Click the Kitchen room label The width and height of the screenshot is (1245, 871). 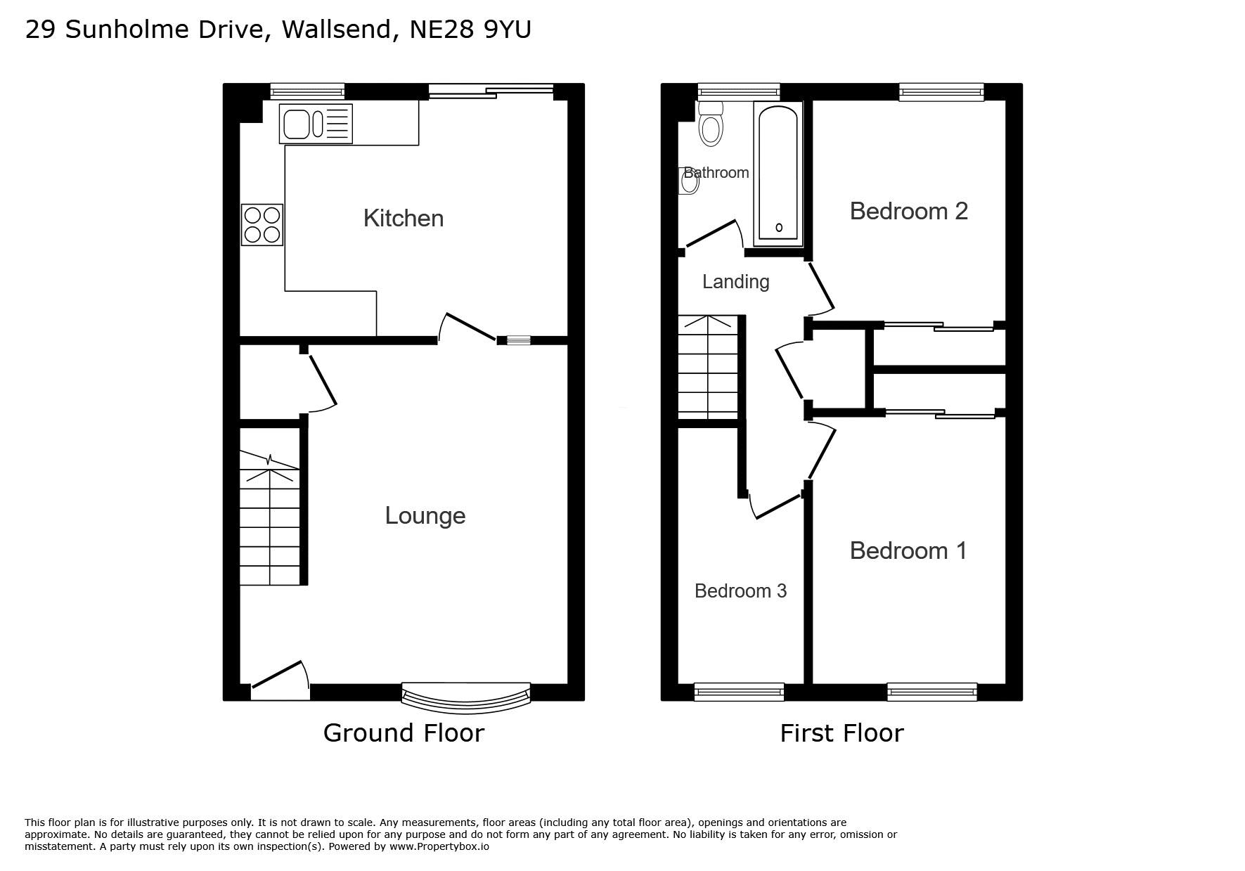coord(404,218)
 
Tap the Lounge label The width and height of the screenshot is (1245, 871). coord(425,516)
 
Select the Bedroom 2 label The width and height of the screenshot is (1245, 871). coord(909,211)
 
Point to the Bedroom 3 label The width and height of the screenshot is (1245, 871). coord(740,591)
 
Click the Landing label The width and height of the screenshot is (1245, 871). coord(736,282)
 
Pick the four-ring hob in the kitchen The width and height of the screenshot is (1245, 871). coord(262,225)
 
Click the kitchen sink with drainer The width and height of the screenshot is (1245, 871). coord(316,124)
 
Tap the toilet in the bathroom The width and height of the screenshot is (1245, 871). coord(711,124)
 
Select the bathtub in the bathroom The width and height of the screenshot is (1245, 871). coord(778,174)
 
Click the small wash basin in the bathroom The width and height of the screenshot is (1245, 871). coord(689,181)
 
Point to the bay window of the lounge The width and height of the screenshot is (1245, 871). coord(465,694)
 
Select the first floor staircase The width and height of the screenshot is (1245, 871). coord(708,368)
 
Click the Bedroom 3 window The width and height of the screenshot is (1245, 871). coord(739,692)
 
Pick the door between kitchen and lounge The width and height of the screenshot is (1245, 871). coord(467,328)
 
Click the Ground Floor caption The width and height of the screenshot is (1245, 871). coord(404,733)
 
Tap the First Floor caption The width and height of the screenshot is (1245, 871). coord(841,733)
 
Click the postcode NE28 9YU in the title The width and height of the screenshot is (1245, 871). coord(470,30)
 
